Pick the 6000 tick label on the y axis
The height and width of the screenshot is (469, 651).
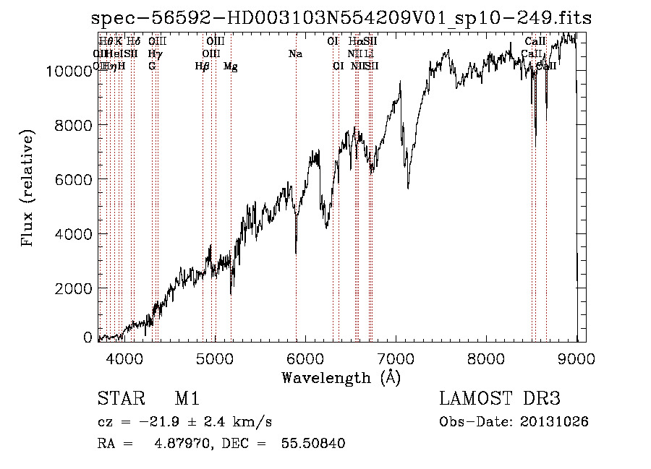(73, 179)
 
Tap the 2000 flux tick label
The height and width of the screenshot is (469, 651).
(73, 288)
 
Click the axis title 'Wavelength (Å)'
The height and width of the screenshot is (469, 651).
(341, 377)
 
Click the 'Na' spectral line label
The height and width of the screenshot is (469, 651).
(295, 53)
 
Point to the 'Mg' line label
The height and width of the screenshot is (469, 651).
(231, 66)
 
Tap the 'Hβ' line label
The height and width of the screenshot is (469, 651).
(203, 66)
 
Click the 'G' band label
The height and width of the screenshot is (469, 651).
(152, 66)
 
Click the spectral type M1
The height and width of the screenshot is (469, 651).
(187, 399)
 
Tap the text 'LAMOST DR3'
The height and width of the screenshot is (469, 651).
(499, 399)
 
